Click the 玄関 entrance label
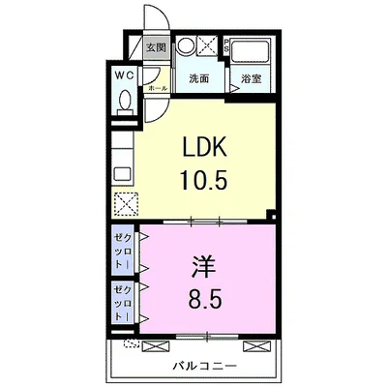point(156,46)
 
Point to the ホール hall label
point(157,87)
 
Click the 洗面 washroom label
point(199,78)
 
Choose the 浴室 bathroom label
point(252,78)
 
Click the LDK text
point(207,148)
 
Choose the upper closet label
point(122,250)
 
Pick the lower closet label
point(122,302)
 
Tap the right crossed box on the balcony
point(253,344)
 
